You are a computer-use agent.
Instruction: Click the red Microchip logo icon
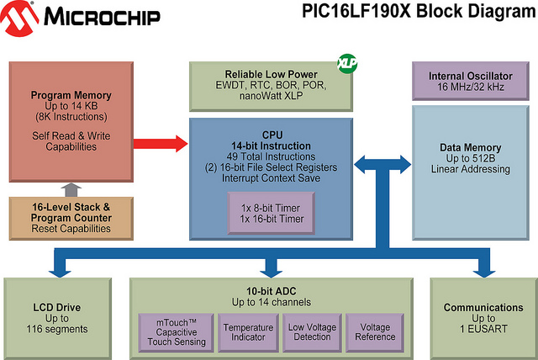[x=18, y=18]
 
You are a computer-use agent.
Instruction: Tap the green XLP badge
[x=347, y=63]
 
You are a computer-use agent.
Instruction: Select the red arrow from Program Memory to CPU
[x=161, y=144]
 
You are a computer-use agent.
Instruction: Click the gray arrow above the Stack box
[x=71, y=190]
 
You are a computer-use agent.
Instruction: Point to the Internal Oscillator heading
[x=471, y=76]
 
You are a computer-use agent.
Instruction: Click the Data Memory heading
[x=471, y=147]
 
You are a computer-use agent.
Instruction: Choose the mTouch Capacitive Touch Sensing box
[x=177, y=332]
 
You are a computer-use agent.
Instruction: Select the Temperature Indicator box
[x=248, y=332]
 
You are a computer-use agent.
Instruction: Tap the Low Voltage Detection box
[x=312, y=332]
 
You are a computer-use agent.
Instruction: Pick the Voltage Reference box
[x=375, y=332]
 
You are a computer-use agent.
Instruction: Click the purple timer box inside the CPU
[x=272, y=213]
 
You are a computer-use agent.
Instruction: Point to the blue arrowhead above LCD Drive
[x=60, y=273]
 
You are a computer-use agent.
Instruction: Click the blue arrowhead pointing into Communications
[x=484, y=273]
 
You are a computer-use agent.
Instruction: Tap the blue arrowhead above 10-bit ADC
[x=271, y=273]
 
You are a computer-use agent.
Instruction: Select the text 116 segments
[x=57, y=329]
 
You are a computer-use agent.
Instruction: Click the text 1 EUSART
[x=483, y=329]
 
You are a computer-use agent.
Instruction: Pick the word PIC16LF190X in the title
[x=356, y=11]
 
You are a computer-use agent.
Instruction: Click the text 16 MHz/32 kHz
[x=471, y=87]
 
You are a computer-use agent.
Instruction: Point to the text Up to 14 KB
[x=71, y=106]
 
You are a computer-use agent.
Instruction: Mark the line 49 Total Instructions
[x=271, y=156]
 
